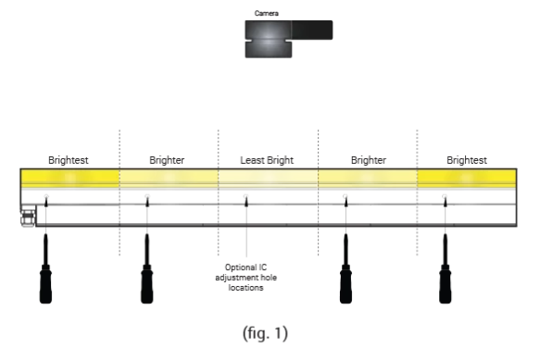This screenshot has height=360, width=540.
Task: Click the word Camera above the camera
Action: pos(268,14)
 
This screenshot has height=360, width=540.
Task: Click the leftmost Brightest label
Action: pos(69,160)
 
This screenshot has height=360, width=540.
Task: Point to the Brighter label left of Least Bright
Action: pos(168,160)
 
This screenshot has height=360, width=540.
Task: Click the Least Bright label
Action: pos(267,160)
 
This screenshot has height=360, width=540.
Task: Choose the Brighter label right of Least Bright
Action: pos(368,160)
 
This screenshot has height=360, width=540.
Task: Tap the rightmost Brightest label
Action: pos(467,160)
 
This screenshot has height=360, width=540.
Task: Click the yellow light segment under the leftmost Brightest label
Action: pos(69,178)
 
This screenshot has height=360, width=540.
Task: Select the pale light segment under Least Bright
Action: pos(268,178)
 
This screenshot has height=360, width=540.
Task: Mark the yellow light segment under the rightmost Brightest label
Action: pos(467,178)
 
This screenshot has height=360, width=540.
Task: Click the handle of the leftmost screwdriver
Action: pos(46,282)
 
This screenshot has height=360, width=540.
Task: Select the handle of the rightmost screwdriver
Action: pos(446,282)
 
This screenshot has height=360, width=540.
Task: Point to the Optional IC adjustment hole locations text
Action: pos(246,277)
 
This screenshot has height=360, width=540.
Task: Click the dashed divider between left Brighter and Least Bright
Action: pos(219,194)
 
